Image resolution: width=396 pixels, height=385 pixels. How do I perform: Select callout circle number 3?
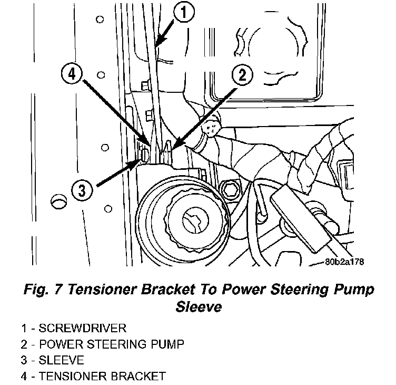(81, 190)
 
